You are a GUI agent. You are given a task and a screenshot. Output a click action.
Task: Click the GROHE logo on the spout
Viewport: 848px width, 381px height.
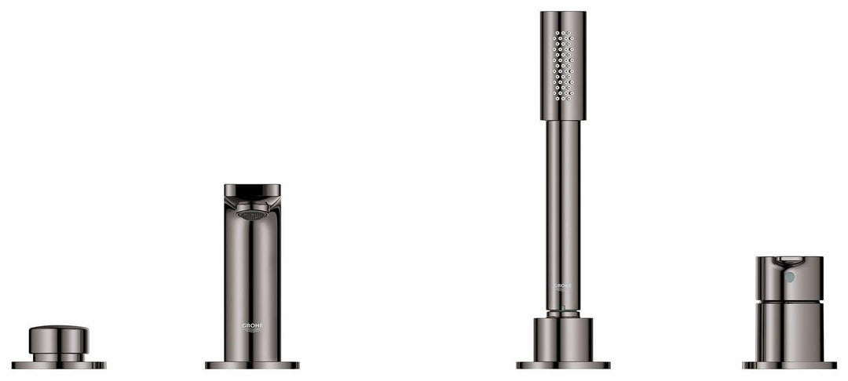[252, 326]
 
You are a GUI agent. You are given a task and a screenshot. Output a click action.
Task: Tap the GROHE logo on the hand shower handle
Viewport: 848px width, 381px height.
[562, 286]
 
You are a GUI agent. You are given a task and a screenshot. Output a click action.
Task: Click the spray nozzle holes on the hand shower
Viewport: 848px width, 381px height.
[563, 66]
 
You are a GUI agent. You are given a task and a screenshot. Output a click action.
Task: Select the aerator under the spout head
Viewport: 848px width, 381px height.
[252, 214]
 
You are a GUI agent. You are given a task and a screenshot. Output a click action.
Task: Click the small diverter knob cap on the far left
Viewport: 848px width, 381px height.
[59, 339]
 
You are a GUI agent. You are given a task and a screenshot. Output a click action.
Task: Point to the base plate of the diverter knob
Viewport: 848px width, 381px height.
[59, 365]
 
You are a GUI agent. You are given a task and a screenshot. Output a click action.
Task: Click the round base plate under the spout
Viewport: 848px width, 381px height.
[252, 365]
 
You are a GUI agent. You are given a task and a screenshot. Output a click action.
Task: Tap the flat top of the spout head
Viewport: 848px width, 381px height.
[252, 188]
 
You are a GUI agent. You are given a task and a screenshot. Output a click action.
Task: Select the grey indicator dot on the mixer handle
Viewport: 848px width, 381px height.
[789, 277]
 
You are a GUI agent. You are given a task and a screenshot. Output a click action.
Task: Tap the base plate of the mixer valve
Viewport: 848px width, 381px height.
[789, 365]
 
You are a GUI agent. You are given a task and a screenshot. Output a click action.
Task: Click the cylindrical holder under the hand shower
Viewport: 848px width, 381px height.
[563, 339]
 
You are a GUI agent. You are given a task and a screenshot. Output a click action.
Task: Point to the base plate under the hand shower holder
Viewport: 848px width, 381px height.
[563, 365]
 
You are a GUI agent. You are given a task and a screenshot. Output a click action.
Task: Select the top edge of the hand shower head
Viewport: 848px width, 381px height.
[563, 13]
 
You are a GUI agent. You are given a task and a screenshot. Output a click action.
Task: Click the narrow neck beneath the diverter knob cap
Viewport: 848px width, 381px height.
[59, 357]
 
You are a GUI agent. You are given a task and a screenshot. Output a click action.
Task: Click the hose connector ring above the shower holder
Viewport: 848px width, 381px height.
[563, 313]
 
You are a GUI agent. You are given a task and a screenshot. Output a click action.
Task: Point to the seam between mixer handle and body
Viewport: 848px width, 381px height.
[789, 301]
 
